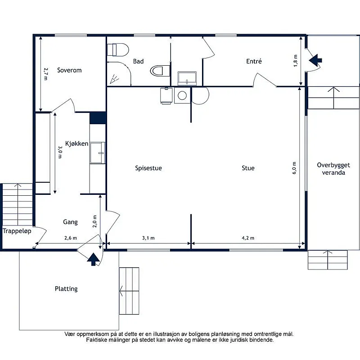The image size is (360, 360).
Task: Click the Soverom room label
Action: (x=69, y=70)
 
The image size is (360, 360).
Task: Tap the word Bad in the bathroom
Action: (x=138, y=61)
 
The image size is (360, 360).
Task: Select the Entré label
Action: (x=254, y=61)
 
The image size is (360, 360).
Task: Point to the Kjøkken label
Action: (x=76, y=144)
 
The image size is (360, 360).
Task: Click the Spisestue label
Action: (x=148, y=168)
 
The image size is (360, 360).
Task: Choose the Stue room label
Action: (x=248, y=168)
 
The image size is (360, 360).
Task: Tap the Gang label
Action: (x=70, y=222)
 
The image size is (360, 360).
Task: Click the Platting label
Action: (x=66, y=288)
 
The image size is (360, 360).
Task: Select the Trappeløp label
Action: (x=17, y=231)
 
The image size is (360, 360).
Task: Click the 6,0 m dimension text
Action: (x=294, y=168)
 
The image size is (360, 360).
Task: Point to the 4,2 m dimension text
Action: (x=248, y=238)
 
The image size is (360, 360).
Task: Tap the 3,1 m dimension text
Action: (x=148, y=238)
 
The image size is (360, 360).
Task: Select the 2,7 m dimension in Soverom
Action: (x=46, y=74)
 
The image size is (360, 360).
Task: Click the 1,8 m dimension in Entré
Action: (x=296, y=61)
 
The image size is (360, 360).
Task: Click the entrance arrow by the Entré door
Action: (x=315, y=60)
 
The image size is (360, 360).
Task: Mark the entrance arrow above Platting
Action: (x=94, y=259)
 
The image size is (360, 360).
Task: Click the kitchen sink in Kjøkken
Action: (x=98, y=153)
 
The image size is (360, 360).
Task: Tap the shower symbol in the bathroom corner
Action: (x=114, y=79)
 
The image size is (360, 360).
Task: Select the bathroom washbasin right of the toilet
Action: (x=187, y=78)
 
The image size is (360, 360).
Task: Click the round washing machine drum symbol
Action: (x=182, y=95)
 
